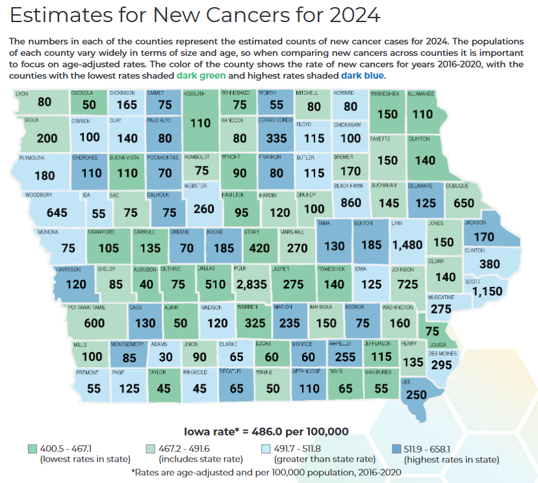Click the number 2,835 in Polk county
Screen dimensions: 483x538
click(251, 284)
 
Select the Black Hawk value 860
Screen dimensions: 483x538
click(350, 203)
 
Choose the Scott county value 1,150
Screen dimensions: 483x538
click(487, 291)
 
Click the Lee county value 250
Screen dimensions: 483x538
click(416, 395)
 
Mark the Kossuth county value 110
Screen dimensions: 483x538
click(200, 123)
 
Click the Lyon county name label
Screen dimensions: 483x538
click(21, 93)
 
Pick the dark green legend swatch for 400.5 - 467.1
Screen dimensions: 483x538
click(32, 449)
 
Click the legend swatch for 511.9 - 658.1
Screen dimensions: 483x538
click(396, 449)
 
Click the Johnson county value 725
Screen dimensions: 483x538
click(407, 284)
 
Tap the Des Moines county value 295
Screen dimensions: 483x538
click(442, 365)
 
